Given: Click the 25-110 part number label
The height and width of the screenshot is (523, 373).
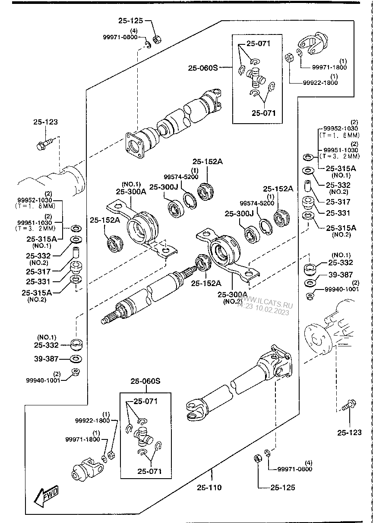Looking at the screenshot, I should [209, 488].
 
